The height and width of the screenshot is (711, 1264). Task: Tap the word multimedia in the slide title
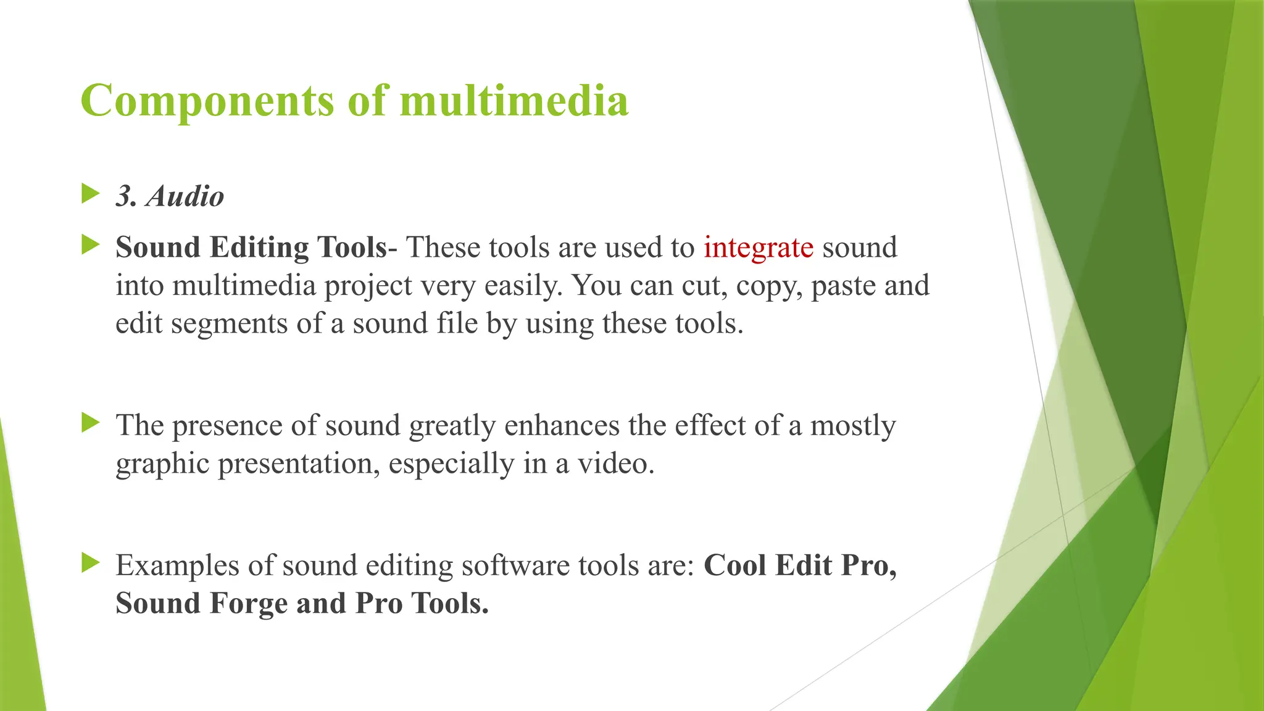513,100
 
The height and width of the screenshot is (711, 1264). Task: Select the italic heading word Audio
185,197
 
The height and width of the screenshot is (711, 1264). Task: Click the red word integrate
759,248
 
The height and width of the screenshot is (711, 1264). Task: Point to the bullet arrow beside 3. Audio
90,194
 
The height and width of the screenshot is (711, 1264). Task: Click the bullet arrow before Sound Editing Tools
90,245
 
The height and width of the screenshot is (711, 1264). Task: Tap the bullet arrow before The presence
90,423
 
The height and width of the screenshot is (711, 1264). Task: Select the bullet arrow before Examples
90,562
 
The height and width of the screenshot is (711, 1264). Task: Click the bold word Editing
259,248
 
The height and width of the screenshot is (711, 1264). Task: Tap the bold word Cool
734,565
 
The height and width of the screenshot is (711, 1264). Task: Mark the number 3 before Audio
125,197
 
